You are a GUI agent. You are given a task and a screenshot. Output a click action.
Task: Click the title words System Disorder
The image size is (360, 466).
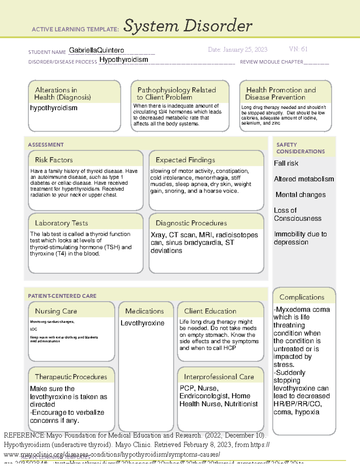point(188,26)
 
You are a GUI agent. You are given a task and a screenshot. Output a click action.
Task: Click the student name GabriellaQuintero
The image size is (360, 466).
point(96,50)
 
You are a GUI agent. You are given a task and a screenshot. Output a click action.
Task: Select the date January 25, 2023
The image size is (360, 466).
point(238,50)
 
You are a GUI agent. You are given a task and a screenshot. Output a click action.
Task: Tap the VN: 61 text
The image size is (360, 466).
point(298,49)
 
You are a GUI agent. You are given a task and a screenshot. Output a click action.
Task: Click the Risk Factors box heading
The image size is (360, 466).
point(54,160)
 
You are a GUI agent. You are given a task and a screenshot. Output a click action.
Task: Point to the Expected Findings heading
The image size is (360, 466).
point(185,160)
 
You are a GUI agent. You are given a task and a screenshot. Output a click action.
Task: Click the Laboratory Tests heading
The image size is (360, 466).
point(61,223)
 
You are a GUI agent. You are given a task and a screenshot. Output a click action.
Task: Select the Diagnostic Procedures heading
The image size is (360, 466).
point(191,223)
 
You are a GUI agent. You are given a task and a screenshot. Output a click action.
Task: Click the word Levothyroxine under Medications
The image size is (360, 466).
point(142,323)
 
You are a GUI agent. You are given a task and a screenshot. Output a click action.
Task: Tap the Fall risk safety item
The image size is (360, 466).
point(286,164)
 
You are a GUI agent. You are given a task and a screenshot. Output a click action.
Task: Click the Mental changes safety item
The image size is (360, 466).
point(300,195)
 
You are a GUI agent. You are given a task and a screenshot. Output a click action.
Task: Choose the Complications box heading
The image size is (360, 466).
point(301,297)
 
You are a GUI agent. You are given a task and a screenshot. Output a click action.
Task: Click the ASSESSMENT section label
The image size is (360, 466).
point(46,145)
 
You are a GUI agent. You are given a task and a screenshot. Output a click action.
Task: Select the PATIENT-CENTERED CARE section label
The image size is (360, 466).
point(62,296)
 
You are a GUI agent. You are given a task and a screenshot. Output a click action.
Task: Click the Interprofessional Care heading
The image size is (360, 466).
point(219,377)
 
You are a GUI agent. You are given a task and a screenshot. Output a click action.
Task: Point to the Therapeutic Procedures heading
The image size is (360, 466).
point(71,377)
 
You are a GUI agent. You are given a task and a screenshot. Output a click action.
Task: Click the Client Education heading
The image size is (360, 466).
point(210,311)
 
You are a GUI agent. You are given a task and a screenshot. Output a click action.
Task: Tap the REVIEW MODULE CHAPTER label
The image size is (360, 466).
point(271,62)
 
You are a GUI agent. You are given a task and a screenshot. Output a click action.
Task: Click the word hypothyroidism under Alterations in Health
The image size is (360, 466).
point(54,108)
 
